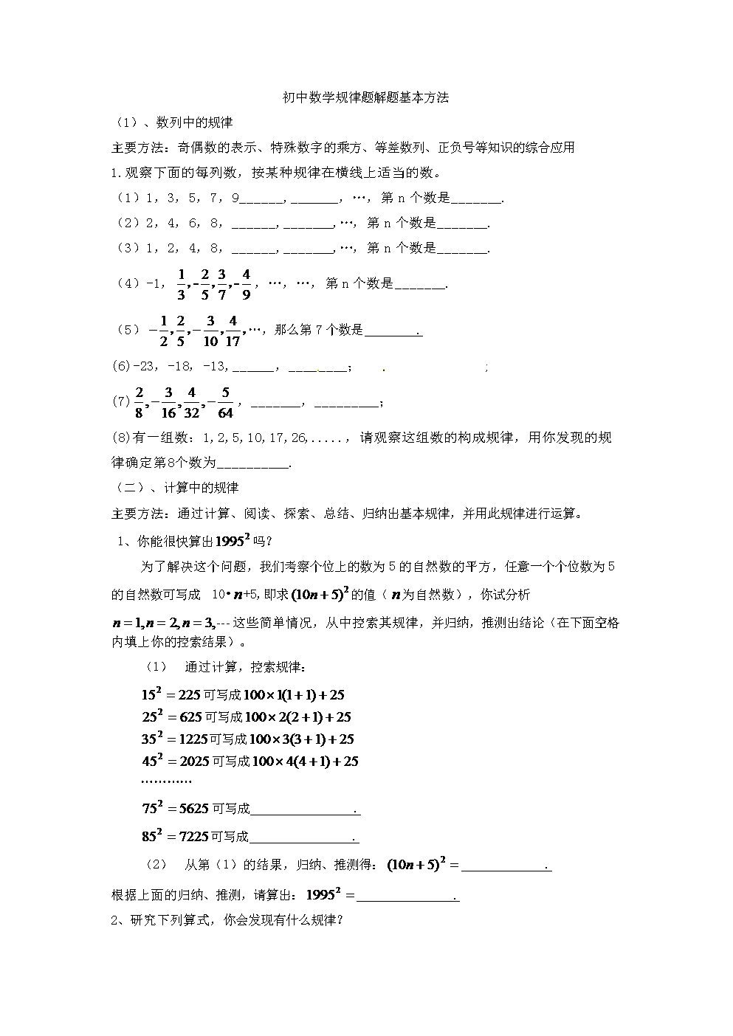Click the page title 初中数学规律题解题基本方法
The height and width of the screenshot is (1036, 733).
coord(366,97)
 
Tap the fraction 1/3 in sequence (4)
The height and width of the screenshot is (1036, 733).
coord(181,284)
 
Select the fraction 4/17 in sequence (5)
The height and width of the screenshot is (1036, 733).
coord(233,331)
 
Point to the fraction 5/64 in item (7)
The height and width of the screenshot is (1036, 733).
coord(226,403)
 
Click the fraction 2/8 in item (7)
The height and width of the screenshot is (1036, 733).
coord(139,403)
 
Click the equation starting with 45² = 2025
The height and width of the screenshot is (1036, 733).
coord(250,761)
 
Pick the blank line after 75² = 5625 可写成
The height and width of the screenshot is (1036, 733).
coord(304,810)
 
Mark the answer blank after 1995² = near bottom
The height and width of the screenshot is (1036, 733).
coord(407,896)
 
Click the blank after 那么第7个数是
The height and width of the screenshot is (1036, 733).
coord(393,331)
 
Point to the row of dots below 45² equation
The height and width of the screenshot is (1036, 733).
coord(165,782)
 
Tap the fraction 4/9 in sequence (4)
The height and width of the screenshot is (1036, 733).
coord(246,284)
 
